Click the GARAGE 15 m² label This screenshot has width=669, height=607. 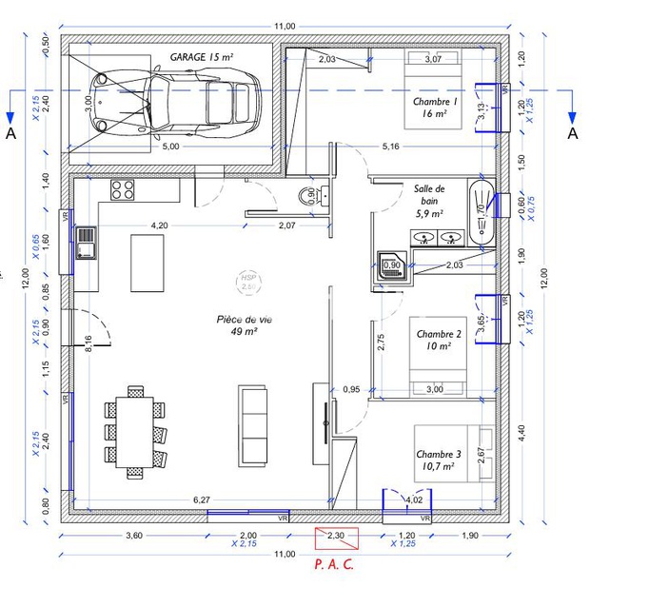click(202, 58)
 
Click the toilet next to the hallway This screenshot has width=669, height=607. click(307, 196)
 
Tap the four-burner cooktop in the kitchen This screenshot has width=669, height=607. click(123, 189)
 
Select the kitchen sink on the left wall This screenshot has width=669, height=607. click(86, 243)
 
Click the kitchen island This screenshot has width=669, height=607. click(146, 262)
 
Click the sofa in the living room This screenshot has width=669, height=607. click(253, 424)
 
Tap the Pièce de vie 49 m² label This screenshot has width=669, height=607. click(245, 325)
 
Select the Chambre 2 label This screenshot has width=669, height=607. click(439, 340)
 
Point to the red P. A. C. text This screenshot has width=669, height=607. click(334, 564)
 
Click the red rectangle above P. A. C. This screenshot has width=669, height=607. click(336, 538)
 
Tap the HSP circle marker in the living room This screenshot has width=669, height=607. click(249, 281)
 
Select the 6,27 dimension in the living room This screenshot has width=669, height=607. click(201, 499)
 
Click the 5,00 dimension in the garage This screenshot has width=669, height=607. click(170, 147)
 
